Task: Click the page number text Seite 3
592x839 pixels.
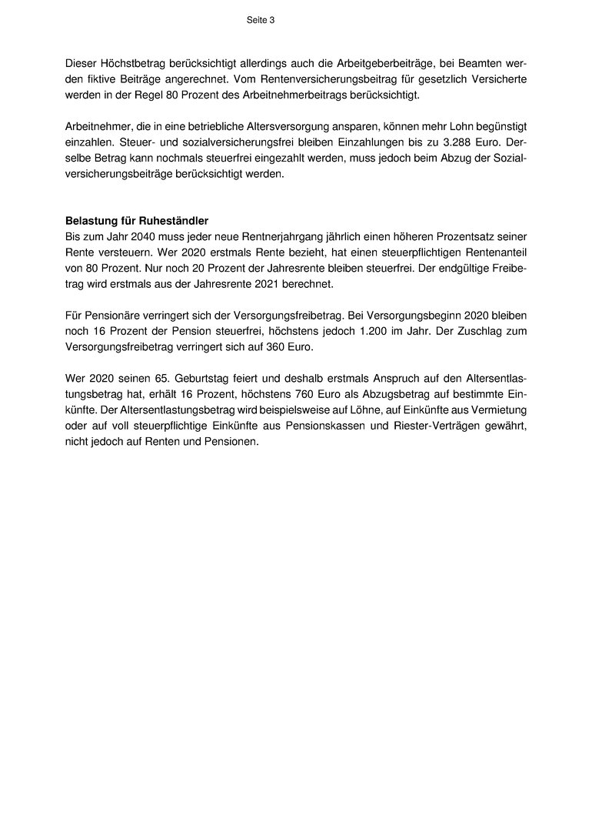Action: (260, 21)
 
